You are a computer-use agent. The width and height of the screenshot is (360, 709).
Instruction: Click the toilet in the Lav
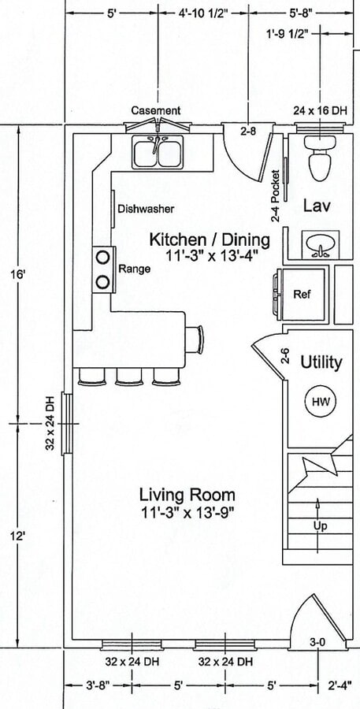pos(320,158)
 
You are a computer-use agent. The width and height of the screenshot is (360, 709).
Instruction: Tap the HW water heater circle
pos(319,401)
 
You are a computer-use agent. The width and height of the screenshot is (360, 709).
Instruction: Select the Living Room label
pos(187,495)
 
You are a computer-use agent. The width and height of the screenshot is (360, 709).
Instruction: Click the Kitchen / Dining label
pos(210,239)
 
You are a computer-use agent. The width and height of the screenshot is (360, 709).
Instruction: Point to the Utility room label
pos(321,362)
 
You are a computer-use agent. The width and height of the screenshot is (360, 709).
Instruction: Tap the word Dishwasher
pos(146,210)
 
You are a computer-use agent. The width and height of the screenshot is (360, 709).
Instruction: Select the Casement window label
pos(155,110)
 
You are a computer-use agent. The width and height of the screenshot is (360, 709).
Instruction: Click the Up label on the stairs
pos(320,526)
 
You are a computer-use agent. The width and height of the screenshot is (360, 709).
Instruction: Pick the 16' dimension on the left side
pos(19,275)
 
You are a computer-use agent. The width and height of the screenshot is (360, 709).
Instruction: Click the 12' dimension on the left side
pos(19,536)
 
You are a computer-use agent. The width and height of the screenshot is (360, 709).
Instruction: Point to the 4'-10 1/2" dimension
pos(203,13)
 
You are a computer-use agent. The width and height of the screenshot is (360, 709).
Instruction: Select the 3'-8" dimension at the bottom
pos(98,686)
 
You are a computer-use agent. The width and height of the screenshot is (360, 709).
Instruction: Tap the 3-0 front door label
pos(318,642)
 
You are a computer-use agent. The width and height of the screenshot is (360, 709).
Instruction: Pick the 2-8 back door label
pos(248,132)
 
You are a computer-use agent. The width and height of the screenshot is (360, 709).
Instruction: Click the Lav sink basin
pos(321,245)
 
